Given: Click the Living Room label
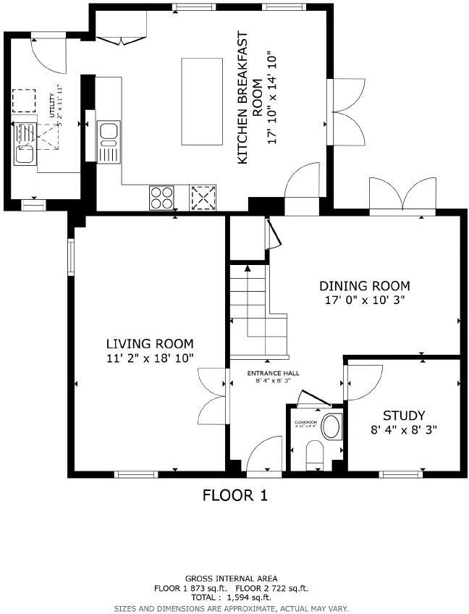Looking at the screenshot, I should pyautogui.click(x=150, y=344).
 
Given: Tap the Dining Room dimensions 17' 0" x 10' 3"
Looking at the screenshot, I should pyautogui.click(x=365, y=300).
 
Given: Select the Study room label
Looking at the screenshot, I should pyautogui.click(x=403, y=416).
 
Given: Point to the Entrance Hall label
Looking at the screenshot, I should pyautogui.click(x=273, y=374).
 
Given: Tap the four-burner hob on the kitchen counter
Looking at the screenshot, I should pyautogui.click(x=161, y=197).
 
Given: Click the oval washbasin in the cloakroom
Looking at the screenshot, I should pyautogui.click(x=332, y=426).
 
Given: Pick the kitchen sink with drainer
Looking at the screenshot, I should pyautogui.click(x=108, y=142).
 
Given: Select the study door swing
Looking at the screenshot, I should pyautogui.click(x=364, y=381).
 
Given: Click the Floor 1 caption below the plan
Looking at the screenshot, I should pyautogui.click(x=234, y=496).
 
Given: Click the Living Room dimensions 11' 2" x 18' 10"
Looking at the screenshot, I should pyautogui.click(x=150, y=358).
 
